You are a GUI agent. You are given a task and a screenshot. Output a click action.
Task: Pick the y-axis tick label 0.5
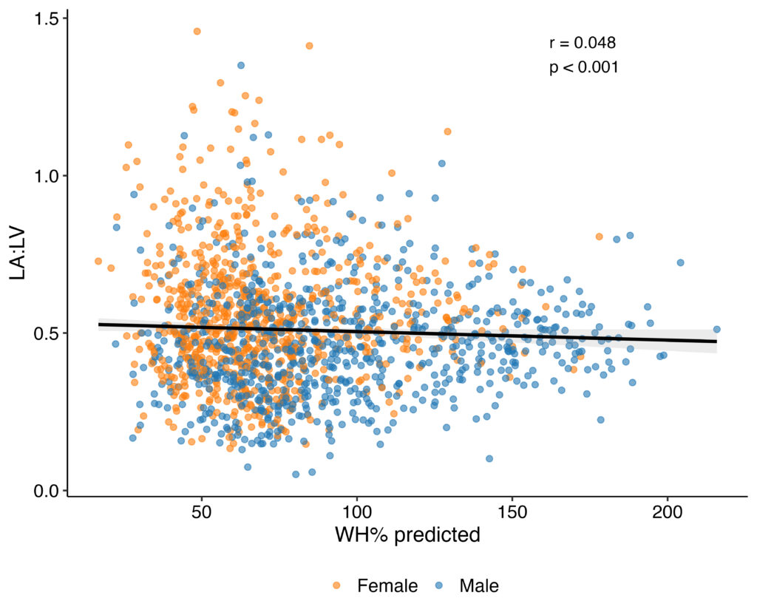coord(47,333)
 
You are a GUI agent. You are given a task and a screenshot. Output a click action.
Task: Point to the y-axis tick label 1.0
coord(47,176)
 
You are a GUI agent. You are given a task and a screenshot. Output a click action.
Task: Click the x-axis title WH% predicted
coord(407,534)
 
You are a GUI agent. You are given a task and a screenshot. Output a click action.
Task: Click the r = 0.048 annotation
coord(583,43)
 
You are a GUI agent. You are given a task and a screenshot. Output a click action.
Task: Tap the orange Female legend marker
coord(337,586)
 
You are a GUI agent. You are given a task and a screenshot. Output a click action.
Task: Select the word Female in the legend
coord(387,586)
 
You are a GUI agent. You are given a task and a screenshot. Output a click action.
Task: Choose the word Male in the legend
coord(479,586)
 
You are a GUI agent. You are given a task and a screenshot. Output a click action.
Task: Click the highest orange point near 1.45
coord(197,31)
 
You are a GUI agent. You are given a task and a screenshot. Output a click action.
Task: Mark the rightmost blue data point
coord(716,330)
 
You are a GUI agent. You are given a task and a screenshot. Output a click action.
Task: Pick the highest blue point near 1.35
coord(241,65)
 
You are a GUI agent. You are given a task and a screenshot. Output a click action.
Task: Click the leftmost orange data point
coord(98,261)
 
